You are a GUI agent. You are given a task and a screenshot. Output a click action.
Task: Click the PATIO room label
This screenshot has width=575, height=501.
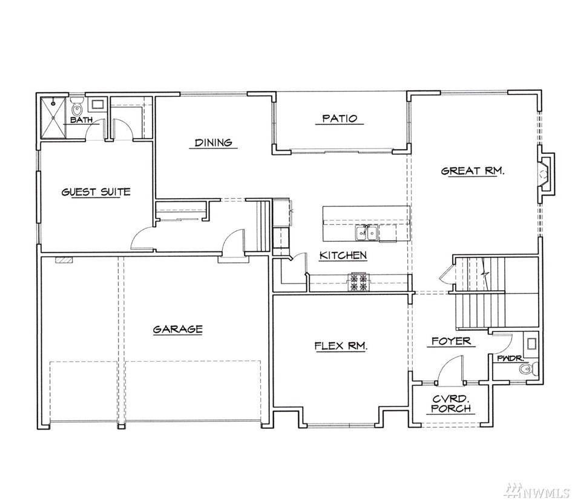point(339,118)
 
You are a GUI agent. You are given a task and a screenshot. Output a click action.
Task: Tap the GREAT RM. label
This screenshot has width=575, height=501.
point(473,171)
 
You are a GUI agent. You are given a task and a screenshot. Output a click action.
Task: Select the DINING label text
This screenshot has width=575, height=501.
point(213,142)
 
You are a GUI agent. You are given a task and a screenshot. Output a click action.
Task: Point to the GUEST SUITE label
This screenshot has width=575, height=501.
point(96,191)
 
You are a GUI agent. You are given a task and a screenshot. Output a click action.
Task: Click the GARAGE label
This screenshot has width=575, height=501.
point(177,329)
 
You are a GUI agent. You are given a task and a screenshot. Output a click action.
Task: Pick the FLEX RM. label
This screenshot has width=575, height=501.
point(341,346)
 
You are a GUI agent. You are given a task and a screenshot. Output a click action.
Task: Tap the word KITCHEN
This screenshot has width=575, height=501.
point(343,255)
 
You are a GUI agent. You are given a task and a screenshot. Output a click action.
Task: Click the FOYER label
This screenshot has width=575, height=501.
point(451,341)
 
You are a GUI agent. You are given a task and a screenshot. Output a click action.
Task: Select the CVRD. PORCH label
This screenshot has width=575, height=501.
point(451,403)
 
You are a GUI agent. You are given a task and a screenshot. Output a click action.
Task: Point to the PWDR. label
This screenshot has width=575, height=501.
point(510,358)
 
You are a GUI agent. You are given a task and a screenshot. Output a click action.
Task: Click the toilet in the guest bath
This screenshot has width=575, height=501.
point(77,106)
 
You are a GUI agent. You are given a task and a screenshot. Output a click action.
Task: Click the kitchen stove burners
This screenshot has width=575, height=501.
point(359,282)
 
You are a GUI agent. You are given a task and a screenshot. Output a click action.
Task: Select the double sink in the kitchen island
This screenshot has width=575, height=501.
point(366,233)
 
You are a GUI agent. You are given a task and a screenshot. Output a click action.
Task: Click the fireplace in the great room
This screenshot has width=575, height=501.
point(546,173)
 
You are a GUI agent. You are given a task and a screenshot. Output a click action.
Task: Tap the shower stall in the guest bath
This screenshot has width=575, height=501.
point(53,118)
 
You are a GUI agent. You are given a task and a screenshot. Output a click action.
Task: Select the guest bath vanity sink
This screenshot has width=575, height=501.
point(97,104)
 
